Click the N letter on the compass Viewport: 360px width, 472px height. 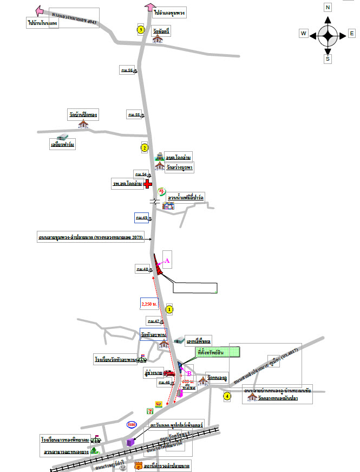(328, 7)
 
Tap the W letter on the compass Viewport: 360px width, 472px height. (304, 34)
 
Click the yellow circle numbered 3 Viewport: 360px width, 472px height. (140, 29)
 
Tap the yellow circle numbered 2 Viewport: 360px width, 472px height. (144, 147)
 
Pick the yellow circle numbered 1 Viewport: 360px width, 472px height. (169, 309)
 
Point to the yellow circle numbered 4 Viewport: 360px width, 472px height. (227, 396)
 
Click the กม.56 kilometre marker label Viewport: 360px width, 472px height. (127, 70)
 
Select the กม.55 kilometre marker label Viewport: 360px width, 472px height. (134, 115)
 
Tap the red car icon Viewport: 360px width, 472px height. (169, 373)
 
